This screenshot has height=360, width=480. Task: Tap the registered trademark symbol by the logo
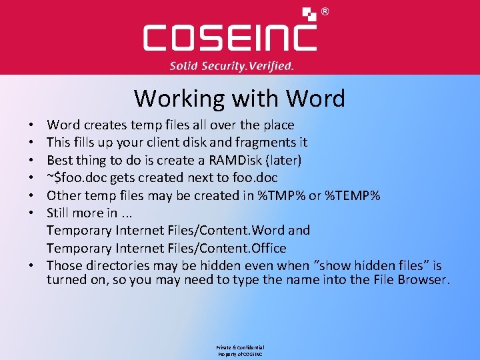325,11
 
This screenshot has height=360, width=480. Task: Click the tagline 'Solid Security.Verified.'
231,66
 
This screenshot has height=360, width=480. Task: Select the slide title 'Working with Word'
239,98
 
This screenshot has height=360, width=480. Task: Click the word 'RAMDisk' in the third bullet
237,160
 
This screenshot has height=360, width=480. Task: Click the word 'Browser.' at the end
424,279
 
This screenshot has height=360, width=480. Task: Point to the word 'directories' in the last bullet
116,265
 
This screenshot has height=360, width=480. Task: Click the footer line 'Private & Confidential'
240,348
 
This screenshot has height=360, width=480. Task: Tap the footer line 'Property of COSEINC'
240,355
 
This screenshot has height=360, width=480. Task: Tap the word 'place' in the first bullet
277,125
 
